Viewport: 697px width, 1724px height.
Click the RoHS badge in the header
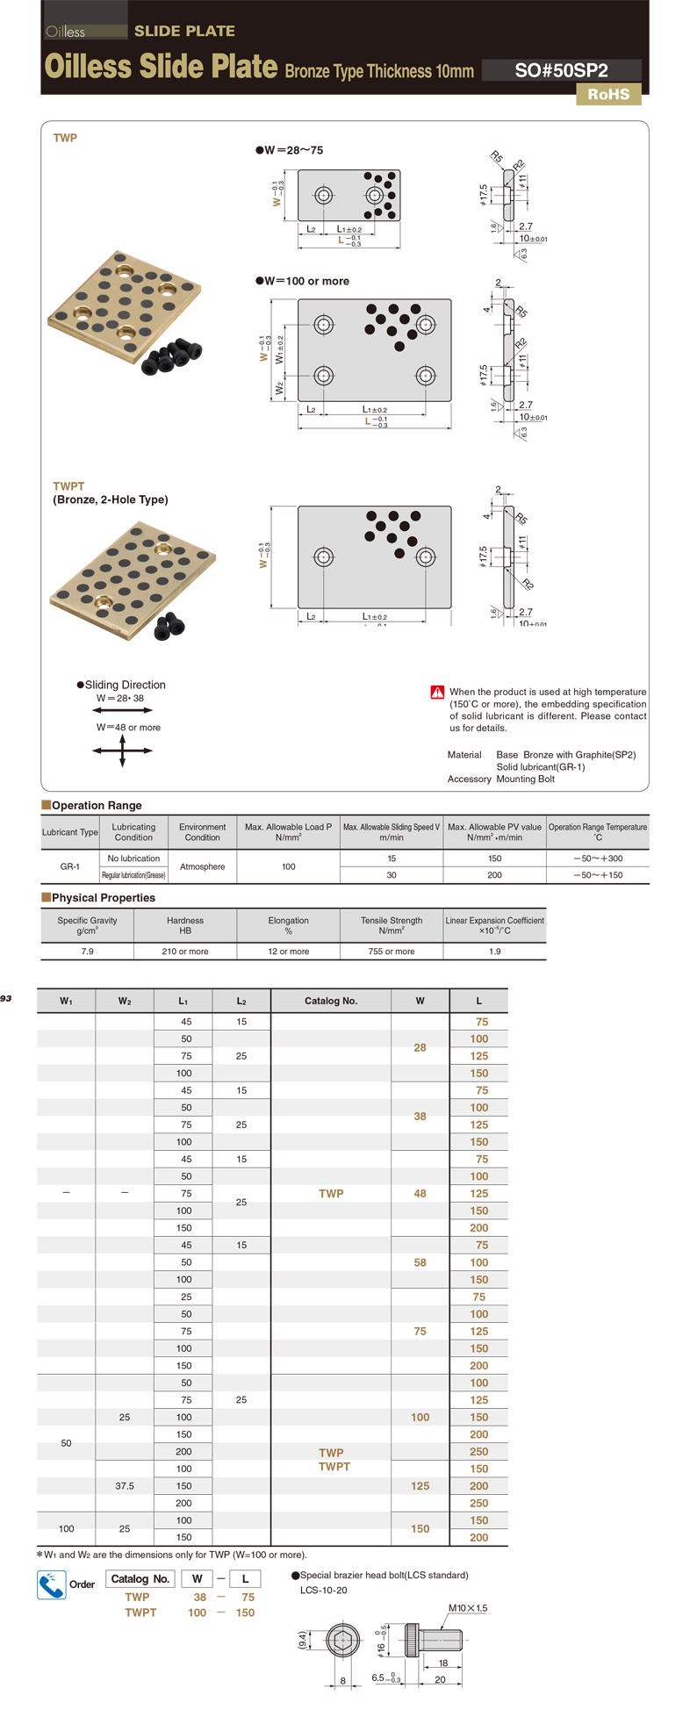(608, 95)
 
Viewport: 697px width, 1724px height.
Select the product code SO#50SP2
(561, 71)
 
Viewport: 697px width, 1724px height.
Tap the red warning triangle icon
(437, 692)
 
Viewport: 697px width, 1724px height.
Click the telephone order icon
(51, 1584)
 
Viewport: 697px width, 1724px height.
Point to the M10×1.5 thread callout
(467, 1608)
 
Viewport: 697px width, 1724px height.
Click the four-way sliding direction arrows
(122, 751)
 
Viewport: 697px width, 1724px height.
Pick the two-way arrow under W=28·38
(122, 710)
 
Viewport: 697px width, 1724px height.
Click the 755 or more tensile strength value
(392, 952)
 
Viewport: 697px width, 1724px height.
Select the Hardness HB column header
(185, 925)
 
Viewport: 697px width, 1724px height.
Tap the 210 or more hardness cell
(185, 952)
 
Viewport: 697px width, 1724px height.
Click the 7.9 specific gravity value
(87, 952)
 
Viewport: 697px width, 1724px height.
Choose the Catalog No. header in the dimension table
(331, 1001)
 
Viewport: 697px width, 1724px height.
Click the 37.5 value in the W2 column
(125, 1486)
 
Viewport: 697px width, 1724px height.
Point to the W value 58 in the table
(420, 1262)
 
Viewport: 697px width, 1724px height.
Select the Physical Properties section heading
(103, 898)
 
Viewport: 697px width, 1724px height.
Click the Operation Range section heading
(97, 805)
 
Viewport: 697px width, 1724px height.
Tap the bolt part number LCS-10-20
(323, 1591)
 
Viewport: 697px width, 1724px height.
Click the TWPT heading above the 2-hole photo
(68, 486)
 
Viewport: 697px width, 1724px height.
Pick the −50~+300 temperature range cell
(598, 858)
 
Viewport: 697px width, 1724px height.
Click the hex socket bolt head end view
(342, 1639)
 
